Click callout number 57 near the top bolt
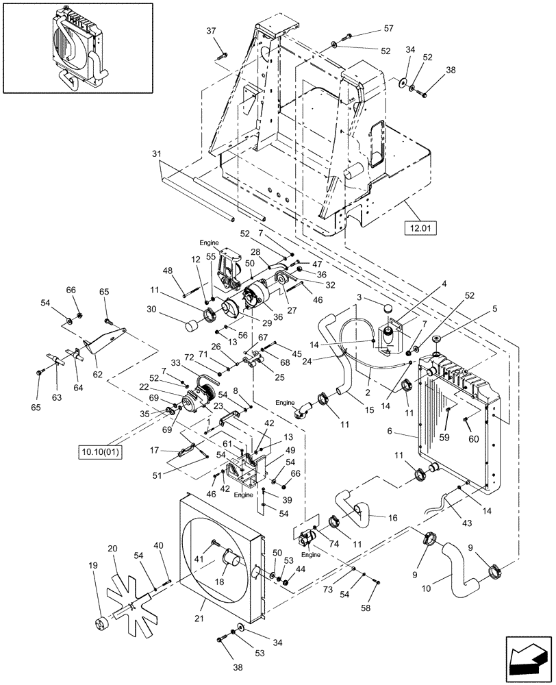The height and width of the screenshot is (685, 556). (x=388, y=28)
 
